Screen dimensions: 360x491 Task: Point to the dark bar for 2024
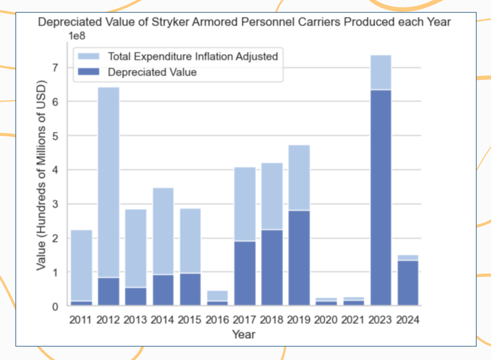408,283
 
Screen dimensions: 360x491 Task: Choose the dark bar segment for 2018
272,267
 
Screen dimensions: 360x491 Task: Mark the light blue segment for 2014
163,231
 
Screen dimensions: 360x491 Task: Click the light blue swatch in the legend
88,56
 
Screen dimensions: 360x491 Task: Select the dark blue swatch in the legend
88,72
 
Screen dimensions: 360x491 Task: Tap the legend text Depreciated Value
152,72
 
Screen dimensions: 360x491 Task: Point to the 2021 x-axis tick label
353,320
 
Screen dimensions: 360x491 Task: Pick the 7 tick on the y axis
55,67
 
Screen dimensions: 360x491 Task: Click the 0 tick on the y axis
55,307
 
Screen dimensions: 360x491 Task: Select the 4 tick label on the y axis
55,170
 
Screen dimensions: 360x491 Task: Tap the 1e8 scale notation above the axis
77,36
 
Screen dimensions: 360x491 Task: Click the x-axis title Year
244,334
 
